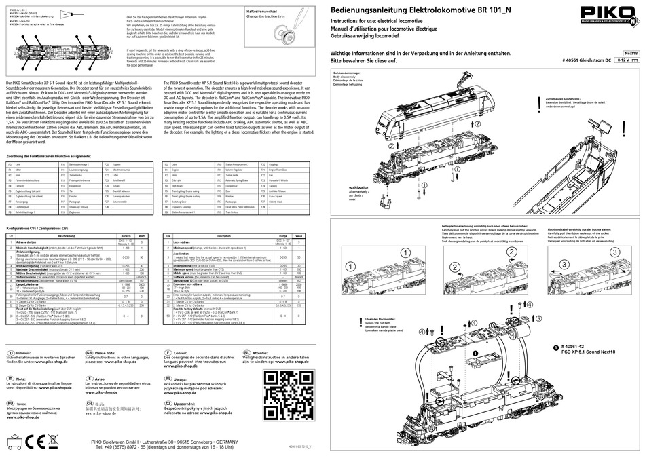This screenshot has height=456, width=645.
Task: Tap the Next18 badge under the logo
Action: pyautogui.click(x=631, y=52)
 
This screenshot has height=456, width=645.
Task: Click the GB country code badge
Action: pyautogui.click(x=89, y=354)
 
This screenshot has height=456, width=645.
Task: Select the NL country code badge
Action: pyautogui.click(x=247, y=354)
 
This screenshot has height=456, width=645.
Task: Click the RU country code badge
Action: pyautogui.click(x=11, y=403)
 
